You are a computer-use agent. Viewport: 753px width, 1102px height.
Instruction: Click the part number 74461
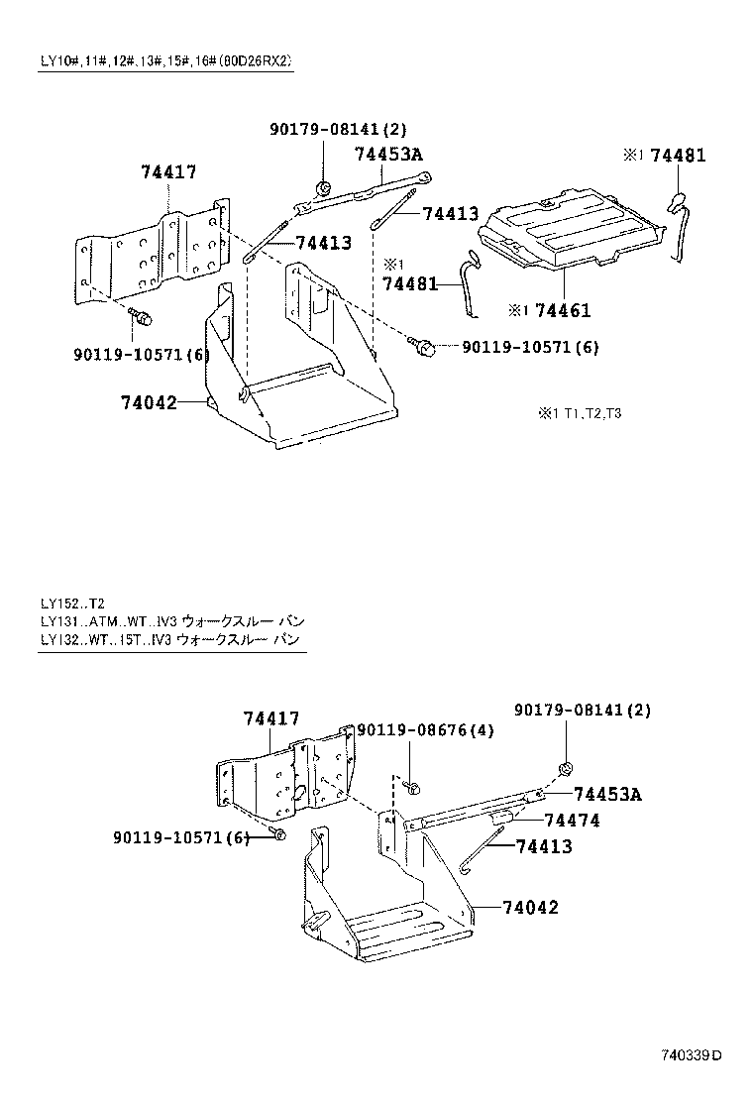(562, 311)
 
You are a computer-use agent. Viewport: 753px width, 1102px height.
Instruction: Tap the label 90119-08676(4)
(425, 729)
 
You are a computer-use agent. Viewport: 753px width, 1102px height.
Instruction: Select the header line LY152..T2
(72, 603)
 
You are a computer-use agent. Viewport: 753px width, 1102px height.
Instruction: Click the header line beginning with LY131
(165, 621)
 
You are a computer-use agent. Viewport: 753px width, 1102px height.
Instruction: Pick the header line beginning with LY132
(165, 640)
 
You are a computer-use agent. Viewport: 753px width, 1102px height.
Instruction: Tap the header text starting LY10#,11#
(165, 61)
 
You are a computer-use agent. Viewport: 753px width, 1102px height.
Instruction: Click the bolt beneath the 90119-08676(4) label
(415, 788)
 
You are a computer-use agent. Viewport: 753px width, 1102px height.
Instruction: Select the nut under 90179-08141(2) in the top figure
(324, 187)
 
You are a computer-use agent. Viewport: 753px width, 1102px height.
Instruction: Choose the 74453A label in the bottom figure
(606, 795)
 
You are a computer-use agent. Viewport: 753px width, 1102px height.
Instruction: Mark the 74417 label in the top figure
(168, 172)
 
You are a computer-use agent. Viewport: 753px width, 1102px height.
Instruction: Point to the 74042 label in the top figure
(149, 402)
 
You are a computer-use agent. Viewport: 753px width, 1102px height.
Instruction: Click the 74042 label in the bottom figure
(530, 907)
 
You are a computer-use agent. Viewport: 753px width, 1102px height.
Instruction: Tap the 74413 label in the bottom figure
(543, 847)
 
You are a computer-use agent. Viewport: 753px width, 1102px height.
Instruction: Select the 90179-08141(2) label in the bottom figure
(583, 711)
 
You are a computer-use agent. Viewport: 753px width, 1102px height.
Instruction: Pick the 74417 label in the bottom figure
(271, 718)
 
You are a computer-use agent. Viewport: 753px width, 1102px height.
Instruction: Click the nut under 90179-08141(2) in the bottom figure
(567, 768)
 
